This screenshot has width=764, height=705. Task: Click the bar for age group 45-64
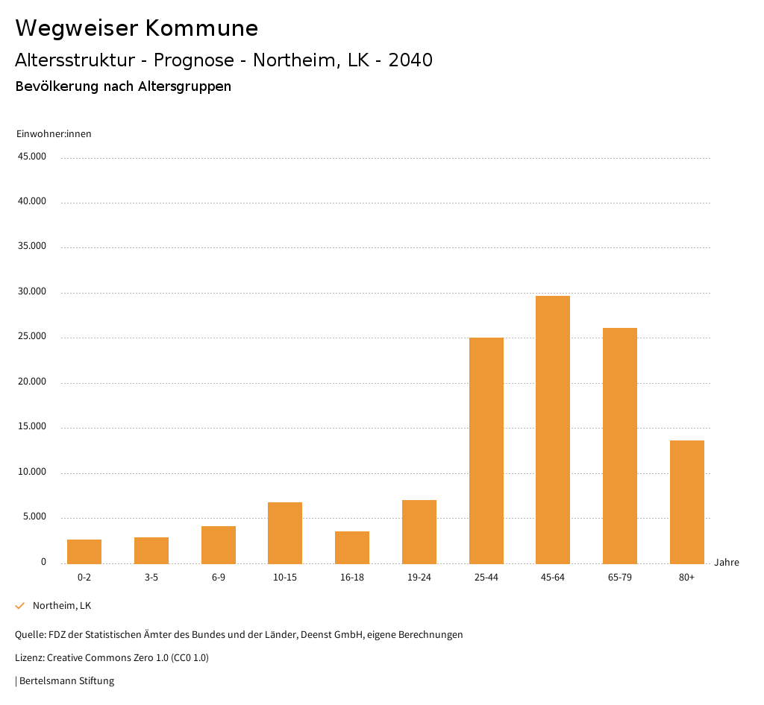(x=553, y=429)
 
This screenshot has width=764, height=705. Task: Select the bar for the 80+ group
(x=687, y=502)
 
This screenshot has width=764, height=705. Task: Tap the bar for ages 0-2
(x=84, y=551)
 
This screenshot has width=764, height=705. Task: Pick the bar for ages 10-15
(x=285, y=533)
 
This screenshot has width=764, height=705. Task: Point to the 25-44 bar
(x=486, y=450)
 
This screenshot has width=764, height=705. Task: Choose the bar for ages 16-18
(x=352, y=547)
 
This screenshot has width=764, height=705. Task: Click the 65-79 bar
(x=620, y=446)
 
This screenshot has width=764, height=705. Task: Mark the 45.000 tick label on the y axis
(x=32, y=157)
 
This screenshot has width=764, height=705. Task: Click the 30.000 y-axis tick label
(x=32, y=291)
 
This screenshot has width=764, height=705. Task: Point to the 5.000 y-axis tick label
(x=34, y=516)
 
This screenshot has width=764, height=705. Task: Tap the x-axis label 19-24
(x=419, y=578)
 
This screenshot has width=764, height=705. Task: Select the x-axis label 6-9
(x=218, y=578)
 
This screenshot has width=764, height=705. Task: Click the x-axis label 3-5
(x=151, y=578)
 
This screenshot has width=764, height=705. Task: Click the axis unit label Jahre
(x=726, y=562)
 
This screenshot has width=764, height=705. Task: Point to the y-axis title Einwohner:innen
(x=54, y=134)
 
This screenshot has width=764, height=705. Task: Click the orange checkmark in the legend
(x=20, y=606)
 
